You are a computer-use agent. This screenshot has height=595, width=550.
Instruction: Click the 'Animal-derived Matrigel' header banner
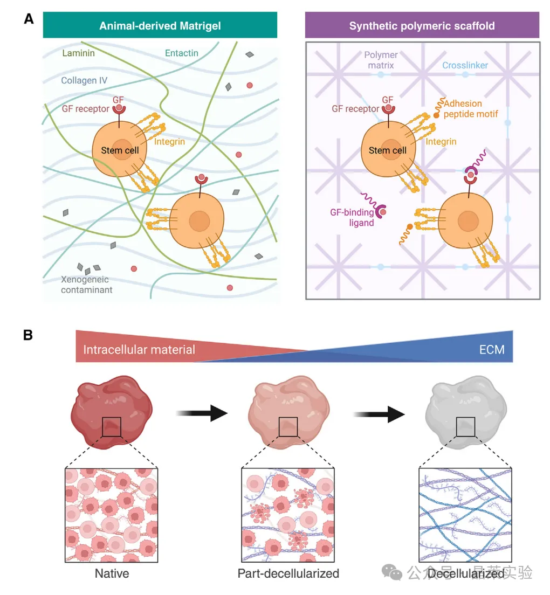coord(160,25)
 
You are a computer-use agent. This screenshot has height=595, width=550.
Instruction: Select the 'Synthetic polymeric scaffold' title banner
coord(422,25)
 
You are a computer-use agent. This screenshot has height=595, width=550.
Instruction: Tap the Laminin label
coord(78,53)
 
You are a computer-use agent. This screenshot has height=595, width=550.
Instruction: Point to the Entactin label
coord(181,53)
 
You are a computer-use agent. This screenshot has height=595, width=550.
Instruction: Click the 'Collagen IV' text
coord(84,80)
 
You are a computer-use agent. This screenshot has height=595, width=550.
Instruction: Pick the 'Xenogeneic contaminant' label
coord(86,285)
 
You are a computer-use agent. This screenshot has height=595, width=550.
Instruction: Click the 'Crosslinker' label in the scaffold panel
coord(465,65)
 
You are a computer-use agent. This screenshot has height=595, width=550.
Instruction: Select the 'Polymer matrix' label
coord(381,60)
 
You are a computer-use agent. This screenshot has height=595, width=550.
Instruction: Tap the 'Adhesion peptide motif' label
coord(471,108)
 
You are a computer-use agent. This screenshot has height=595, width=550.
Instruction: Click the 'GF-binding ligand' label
coord(352,217)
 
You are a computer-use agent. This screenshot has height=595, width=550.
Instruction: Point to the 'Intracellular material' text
coord(139,349)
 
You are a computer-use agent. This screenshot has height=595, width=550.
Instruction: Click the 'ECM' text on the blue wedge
coord(492,349)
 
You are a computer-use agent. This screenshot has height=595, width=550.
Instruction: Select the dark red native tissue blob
coord(112,412)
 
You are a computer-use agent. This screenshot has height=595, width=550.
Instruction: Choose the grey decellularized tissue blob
coord(466,412)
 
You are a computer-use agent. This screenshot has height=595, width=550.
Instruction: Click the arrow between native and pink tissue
coord(202,413)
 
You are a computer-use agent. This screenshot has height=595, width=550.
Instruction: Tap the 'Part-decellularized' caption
coord(288,573)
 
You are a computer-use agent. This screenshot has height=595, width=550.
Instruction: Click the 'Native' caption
coord(112,573)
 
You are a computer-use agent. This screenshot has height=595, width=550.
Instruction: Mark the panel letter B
coord(27,335)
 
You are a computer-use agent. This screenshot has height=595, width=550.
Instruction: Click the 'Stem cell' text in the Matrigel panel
coord(120,150)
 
